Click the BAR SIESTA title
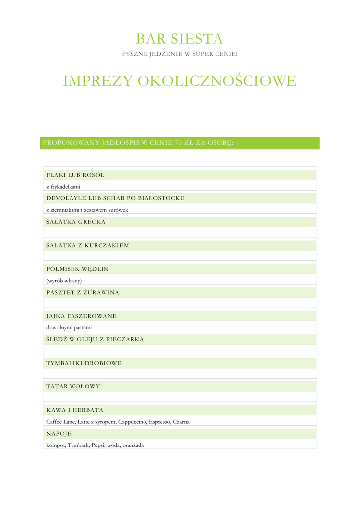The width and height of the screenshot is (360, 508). [179, 38]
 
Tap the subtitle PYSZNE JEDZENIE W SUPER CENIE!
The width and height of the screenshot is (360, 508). [180, 54]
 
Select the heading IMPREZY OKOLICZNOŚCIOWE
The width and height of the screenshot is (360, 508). [179, 81]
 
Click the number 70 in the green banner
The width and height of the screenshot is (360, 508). [179, 143]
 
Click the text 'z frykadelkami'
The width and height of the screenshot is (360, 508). [63, 187]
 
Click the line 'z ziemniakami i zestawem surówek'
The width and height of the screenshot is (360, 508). [87, 210]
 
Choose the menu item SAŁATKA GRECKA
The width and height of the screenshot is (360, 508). [76, 222]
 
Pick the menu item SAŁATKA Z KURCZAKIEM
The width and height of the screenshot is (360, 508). [87, 245]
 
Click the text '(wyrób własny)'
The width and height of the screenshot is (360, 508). [64, 281]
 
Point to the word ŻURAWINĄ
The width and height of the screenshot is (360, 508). [102, 292]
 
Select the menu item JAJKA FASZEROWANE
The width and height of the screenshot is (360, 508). [81, 316]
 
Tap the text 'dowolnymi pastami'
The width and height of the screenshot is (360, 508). [69, 327]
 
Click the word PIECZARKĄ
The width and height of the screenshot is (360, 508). [125, 339]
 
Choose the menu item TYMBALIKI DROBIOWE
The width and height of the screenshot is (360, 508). [84, 363]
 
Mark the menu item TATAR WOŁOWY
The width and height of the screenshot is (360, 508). [73, 386]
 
